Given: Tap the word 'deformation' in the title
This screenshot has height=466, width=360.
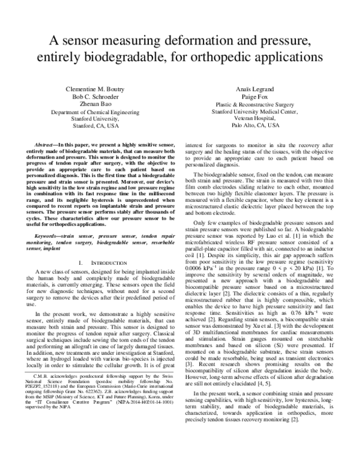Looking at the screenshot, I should pos(198,41).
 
